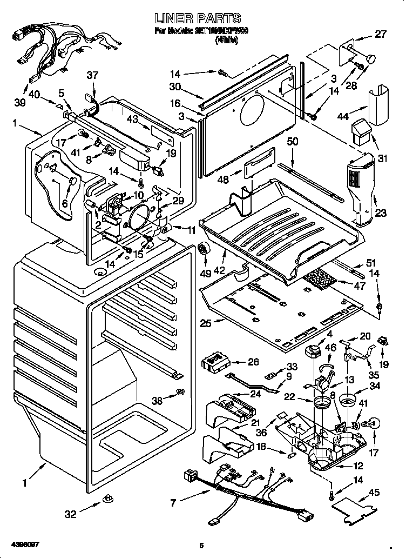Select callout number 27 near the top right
[x=381, y=34]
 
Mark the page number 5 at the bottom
[x=201, y=546]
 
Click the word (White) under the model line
[x=227, y=40]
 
